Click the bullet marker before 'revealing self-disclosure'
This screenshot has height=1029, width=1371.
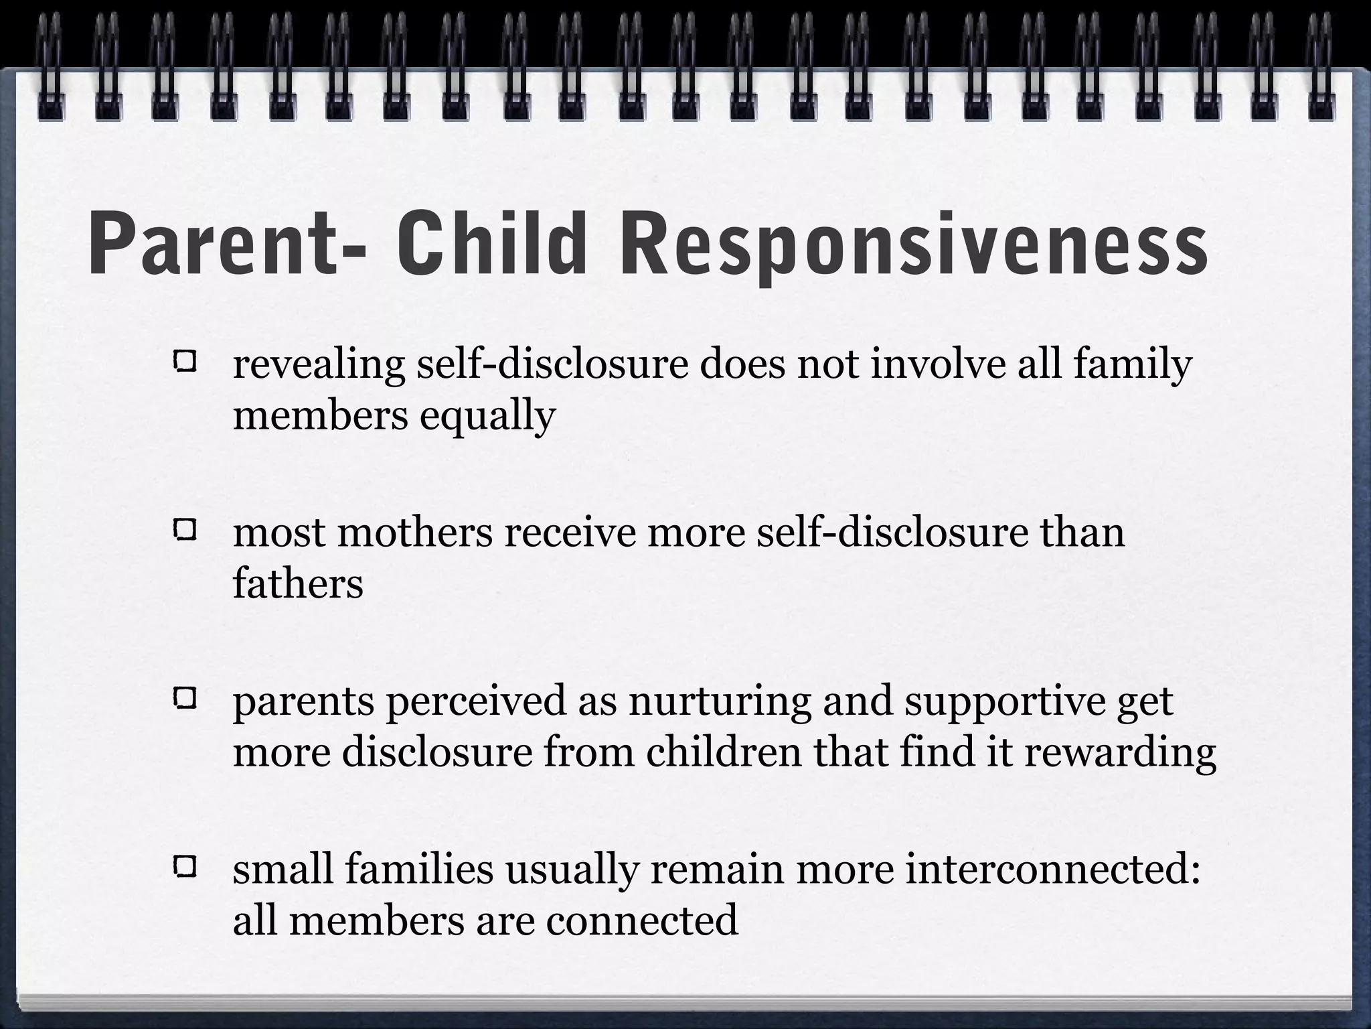click(x=184, y=363)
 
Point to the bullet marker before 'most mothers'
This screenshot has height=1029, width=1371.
click(x=184, y=531)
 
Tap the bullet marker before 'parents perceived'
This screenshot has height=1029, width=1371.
click(x=184, y=700)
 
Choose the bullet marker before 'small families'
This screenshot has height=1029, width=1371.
click(x=184, y=868)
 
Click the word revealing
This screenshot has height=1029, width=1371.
click(x=319, y=366)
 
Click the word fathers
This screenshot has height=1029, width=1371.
click(x=298, y=584)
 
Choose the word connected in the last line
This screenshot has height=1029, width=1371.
click(x=642, y=920)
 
